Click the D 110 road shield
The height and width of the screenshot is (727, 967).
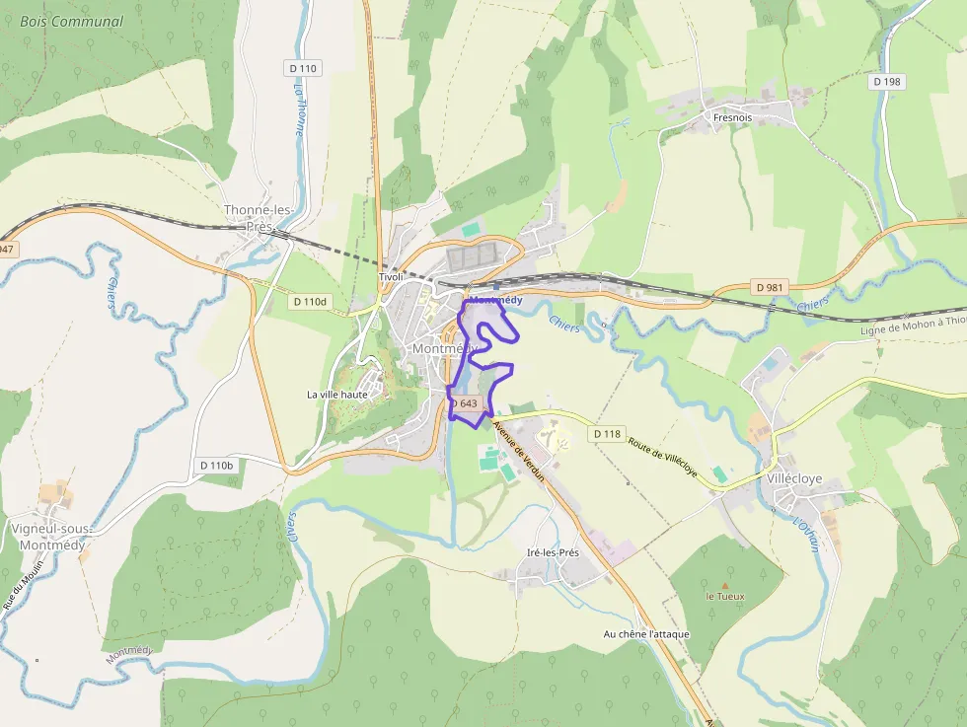coord(305,68)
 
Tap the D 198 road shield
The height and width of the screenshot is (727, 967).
coord(887,82)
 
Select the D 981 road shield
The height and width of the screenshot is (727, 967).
coord(770,287)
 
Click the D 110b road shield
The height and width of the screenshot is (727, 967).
coord(216,465)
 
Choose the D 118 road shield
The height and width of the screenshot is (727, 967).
coord(608,434)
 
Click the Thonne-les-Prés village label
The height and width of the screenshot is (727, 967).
coord(259,218)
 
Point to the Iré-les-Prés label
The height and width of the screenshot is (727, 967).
coord(554,552)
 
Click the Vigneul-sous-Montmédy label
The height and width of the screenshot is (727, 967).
coord(48,537)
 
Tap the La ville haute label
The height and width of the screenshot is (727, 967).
coord(337,395)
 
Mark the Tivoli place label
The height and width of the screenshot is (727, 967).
coord(392,277)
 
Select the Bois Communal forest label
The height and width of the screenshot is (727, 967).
coord(72,22)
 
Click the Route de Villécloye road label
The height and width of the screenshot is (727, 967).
coord(663,456)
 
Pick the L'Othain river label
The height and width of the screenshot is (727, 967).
coord(807,536)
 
